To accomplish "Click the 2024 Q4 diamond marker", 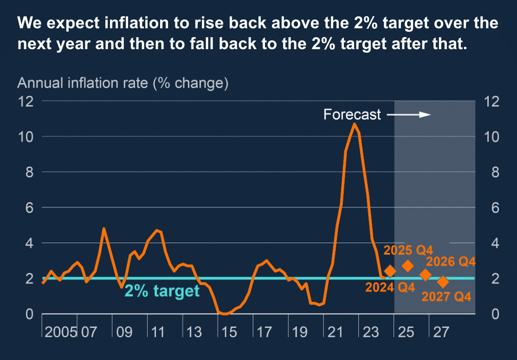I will tap(390, 271).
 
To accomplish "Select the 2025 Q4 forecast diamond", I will tap(408, 266).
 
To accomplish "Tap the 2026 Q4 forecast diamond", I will tap(425, 275).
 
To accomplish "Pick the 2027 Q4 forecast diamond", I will tap(443, 282).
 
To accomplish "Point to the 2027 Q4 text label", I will tap(446, 296).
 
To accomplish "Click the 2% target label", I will tap(162, 291).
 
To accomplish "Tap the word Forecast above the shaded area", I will tap(352, 115).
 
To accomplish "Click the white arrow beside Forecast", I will tap(409, 115).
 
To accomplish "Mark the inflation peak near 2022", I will tap(355, 124).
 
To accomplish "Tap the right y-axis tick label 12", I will tap(491, 101).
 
